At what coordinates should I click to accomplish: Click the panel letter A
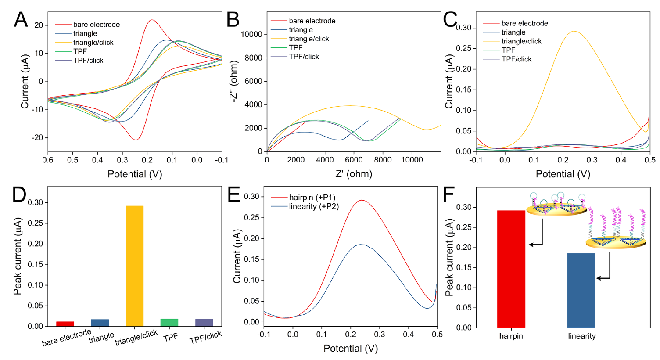tap(21, 20)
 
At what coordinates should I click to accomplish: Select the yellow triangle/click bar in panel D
tap(134, 266)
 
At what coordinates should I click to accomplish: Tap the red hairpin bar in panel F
tap(511, 269)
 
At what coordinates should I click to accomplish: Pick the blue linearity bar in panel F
tap(581, 290)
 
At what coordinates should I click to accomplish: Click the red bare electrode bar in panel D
tap(65, 324)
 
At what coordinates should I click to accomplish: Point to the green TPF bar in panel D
tap(169, 323)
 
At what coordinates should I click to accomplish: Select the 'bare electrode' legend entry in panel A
tap(96, 25)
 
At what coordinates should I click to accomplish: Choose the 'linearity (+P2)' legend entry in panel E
tap(313, 206)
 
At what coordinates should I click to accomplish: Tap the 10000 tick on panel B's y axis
tap(252, 35)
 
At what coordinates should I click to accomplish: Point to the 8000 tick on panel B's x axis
tap(383, 160)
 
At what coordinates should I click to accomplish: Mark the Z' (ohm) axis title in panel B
tap(353, 174)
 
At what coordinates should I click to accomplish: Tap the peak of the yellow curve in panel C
tap(574, 32)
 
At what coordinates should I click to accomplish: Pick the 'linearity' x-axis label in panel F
tap(581, 336)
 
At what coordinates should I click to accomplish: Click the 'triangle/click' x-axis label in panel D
tap(136, 337)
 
